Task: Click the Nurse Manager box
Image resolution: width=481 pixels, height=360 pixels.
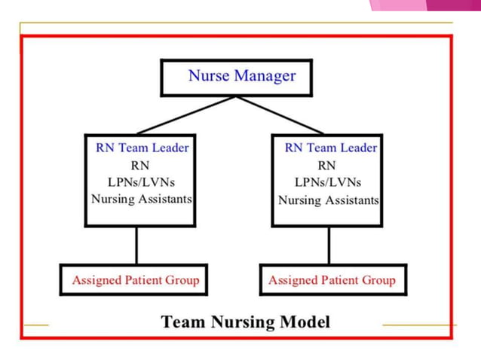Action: pyautogui.click(x=237, y=77)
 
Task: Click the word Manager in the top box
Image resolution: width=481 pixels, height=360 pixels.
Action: pyautogui.click(x=265, y=76)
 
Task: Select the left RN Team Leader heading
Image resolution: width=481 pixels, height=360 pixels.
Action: pyautogui.click(x=142, y=148)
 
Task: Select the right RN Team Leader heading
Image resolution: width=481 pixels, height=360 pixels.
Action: pyautogui.click(x=331, y=148)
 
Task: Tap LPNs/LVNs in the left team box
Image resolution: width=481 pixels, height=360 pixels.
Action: pyautogui.click(x=139, y=182)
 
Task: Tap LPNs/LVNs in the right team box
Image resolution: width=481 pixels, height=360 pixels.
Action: pyautogui.click(x=328, y=182)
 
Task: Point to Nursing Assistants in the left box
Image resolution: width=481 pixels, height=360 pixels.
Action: pyautogui.click(x=142, y=200)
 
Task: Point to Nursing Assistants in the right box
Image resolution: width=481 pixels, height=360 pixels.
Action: pyautogui.click(x=329, y=200)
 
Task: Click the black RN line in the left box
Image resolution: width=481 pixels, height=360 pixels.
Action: pyautogui.click(x=139, y=165)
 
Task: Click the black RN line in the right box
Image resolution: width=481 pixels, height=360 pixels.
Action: pyautogui.click(x=327, y=165)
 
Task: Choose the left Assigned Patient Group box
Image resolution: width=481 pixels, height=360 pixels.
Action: pyautogui.click(x=136, y=280)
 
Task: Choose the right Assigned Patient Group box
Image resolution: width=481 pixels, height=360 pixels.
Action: pyautogui.click(x=332, y=280)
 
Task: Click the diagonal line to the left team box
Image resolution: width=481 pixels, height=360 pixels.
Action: pyautogui.click(x=186, y=115)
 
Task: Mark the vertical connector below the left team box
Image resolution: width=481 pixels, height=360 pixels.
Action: pyautogui.click(x=136, y=245)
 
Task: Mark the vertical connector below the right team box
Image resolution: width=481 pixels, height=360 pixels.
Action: pyautogui.click(x=329, y=245)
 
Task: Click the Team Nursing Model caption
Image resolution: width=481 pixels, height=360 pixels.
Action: pyautogui.click(x=245, y=322)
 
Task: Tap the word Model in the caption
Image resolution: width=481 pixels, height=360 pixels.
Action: pyautogui.click(x=306, y=322)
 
